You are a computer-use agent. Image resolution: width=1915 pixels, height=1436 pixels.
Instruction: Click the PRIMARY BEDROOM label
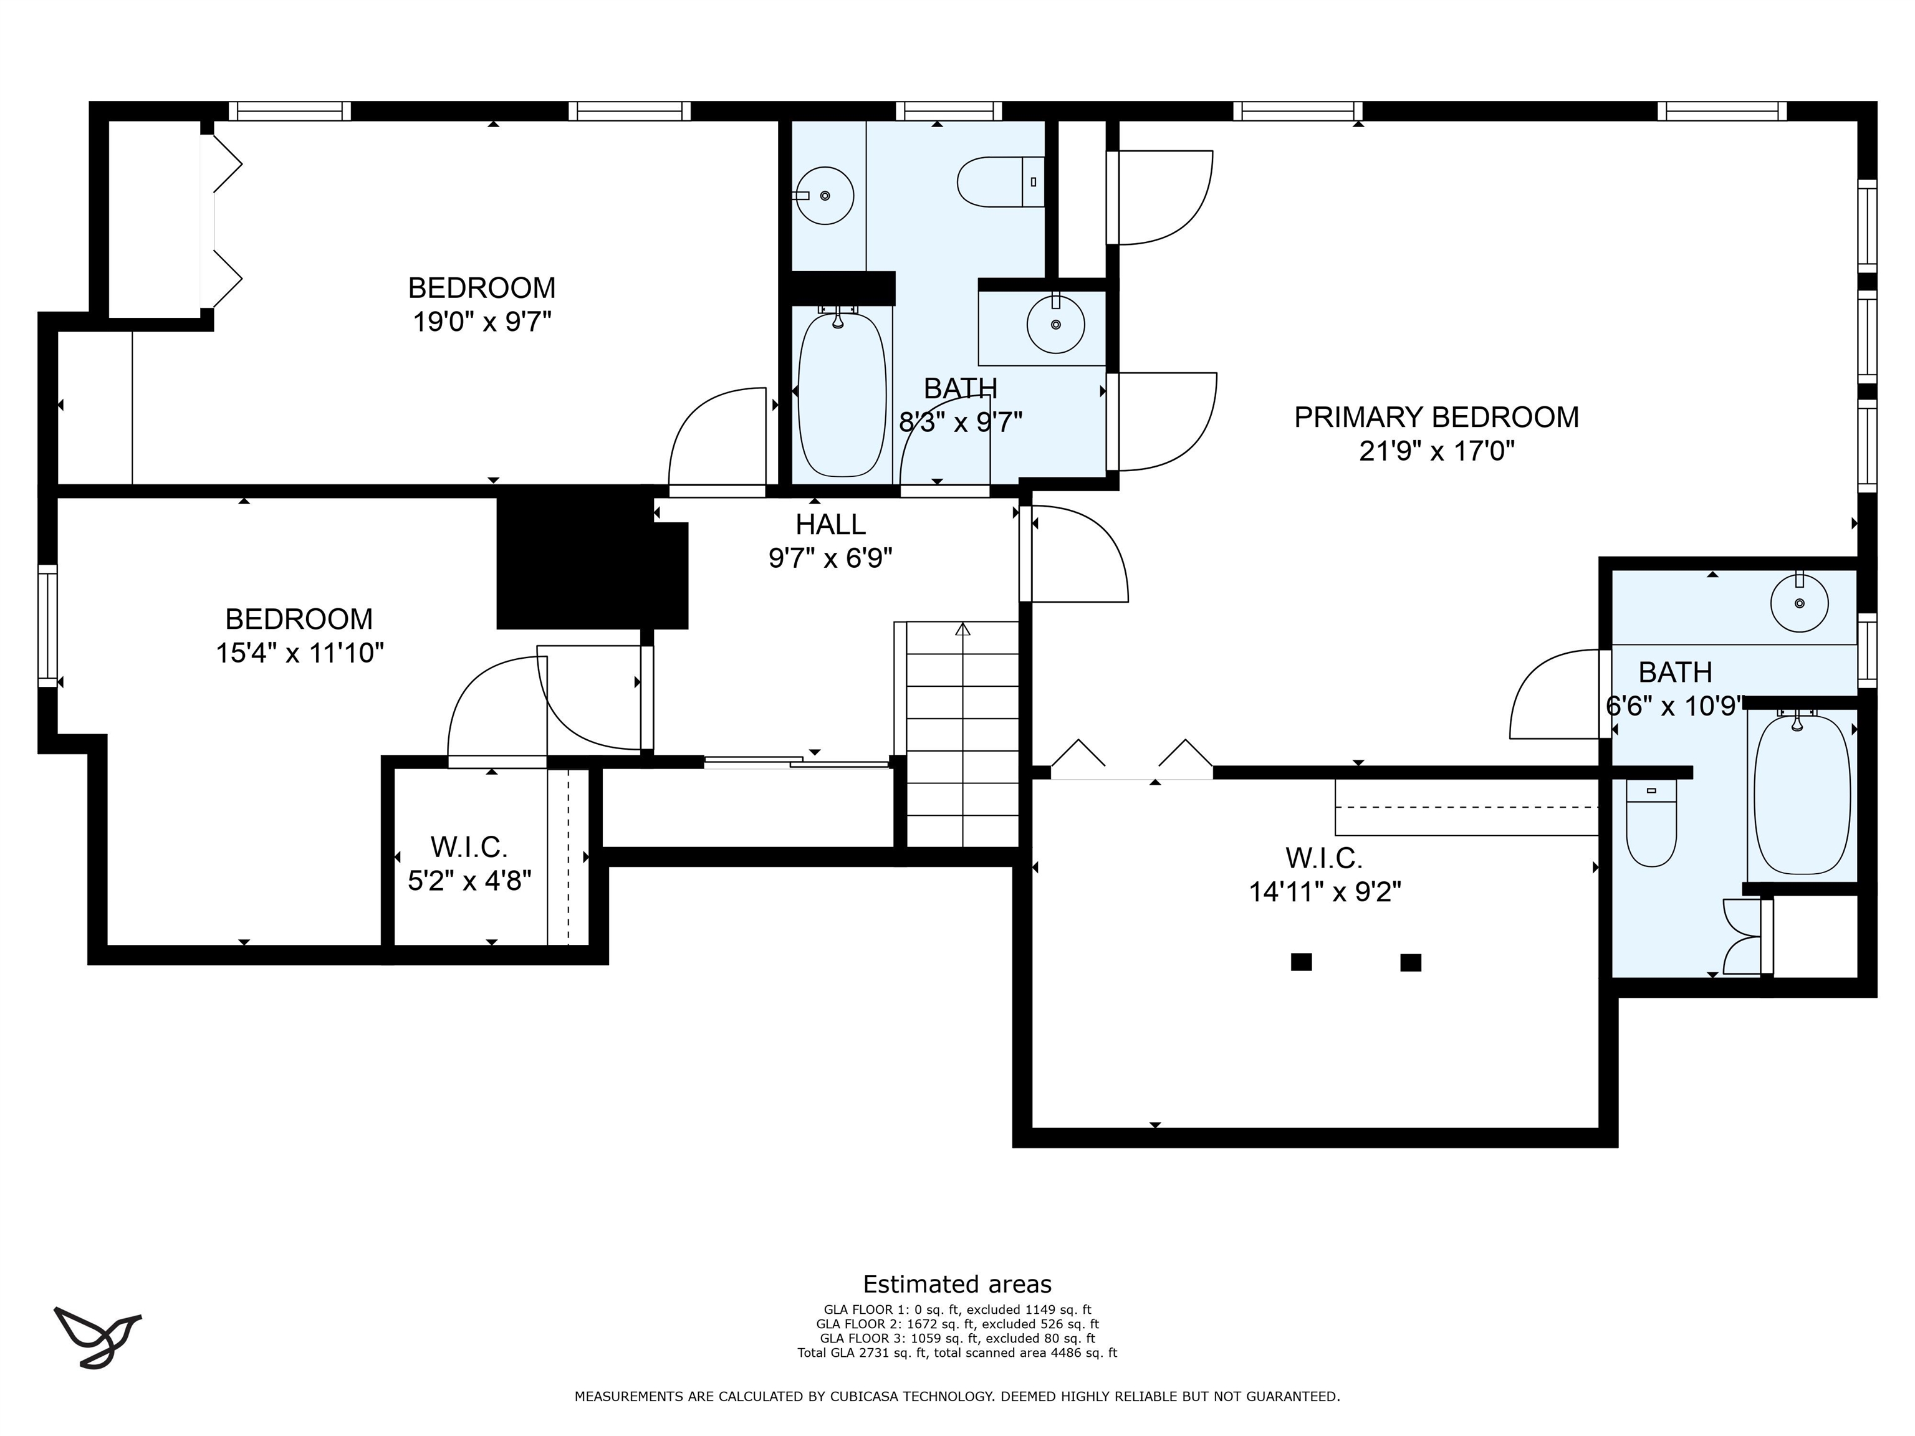tap(1436, 417)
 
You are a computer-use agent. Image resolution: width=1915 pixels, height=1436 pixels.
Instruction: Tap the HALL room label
tap(830, 525)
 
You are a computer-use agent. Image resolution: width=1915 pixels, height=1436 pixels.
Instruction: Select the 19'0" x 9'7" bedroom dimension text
tap(482, 322)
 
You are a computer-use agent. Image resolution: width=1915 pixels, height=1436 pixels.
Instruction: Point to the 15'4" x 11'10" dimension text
tap(300, 653)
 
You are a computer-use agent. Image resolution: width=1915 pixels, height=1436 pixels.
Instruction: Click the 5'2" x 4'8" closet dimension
tap(469, 880)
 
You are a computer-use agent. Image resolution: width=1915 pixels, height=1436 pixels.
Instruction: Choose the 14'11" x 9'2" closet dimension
tap(1325, 891)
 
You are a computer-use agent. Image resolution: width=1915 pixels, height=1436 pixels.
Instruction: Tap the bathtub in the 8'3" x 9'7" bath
tap(842, 394)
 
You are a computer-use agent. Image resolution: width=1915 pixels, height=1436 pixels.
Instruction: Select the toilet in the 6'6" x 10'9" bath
tap(1651, 822)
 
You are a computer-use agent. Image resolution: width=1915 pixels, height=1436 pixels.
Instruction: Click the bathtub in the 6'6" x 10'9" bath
tap(1802, 794)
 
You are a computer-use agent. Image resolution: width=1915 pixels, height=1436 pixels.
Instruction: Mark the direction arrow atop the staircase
tap(962, 629)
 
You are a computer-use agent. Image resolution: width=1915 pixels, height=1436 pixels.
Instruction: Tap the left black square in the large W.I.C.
tap(1301, 962)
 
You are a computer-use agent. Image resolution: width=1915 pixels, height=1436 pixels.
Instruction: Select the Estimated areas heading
tap(957, 1284)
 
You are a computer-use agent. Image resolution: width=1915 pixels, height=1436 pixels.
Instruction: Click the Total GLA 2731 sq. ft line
tap(957, 1353)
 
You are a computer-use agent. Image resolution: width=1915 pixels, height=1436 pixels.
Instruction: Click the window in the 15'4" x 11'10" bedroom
tap(47, 626)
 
